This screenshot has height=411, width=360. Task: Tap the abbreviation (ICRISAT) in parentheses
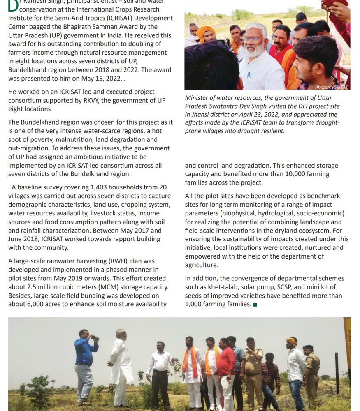[109, 18]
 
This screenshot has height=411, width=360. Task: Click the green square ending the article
[255, 305]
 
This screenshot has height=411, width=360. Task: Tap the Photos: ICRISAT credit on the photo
[331, 87]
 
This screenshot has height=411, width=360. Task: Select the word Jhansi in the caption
[201, 115]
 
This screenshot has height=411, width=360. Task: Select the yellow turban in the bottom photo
[292, 341]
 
